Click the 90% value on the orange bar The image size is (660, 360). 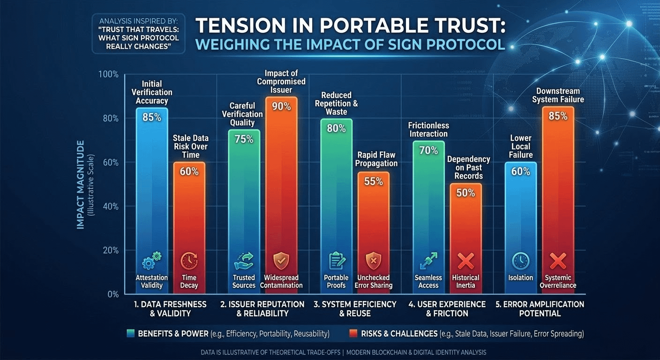point(281,106)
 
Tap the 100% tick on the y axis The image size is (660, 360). point(108,74)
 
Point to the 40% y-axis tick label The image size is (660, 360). point(111,207)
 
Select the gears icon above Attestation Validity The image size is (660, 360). point(152,261)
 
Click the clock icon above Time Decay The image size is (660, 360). point(189,261)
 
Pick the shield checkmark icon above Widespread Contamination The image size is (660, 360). point(281,261)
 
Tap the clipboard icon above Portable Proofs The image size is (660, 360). point(337,261)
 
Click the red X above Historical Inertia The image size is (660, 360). point(465,261)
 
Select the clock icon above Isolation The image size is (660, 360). point(521,261)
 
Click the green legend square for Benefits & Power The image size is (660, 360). point(130,333)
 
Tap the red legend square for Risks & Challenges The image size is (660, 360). point(353,333)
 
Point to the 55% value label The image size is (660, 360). point(374,181)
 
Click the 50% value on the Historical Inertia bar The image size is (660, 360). point(465,193)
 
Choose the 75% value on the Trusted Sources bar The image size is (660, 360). point(244,139)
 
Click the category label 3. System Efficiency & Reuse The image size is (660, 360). point(355,309)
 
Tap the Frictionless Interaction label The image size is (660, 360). point(428,130)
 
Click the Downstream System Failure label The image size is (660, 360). point(558,95)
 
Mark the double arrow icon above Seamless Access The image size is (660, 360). point(429,261)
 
